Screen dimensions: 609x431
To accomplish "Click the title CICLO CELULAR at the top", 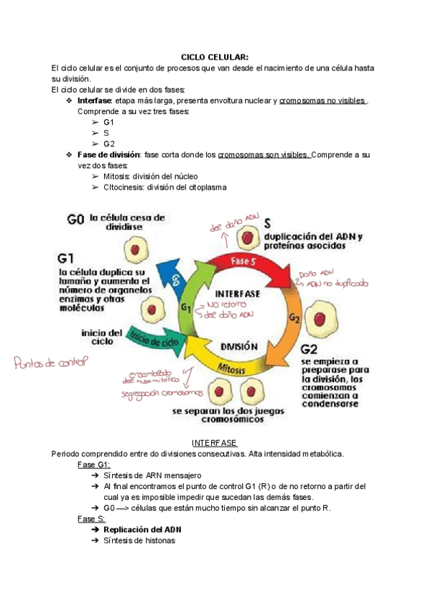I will (x=215, y=57).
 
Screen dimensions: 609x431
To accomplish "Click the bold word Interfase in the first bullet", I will (x=94, y=101).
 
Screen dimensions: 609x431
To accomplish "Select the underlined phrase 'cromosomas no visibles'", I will (x=323, y=101).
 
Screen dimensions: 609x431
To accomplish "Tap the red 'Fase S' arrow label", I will (x=244, y=261).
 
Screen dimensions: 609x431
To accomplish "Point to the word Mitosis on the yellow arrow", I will (x=231, y=368).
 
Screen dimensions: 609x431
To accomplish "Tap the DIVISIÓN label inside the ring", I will (x=238, y=345).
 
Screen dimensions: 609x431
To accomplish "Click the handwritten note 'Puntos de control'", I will (x=50, y=363).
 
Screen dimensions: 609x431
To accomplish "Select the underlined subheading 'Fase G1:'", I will (x=93, y=465).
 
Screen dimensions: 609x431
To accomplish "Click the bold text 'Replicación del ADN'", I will (x=142, y=530).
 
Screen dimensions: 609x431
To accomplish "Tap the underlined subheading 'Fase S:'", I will (x=91, y=519).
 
